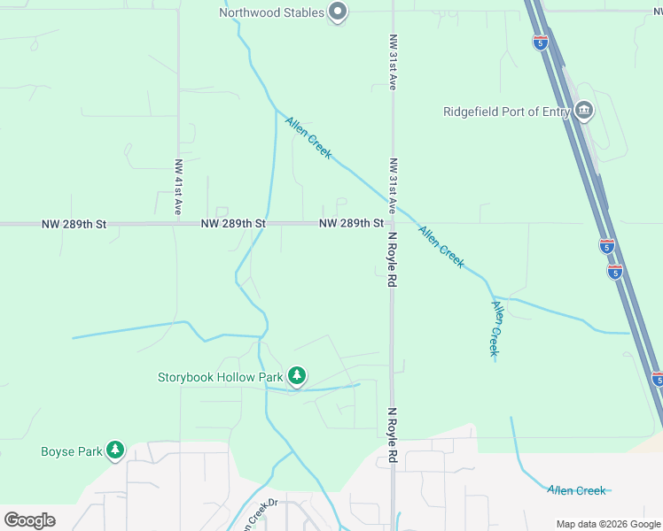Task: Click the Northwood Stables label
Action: (x=271, y=12)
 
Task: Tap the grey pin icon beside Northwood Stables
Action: (x=338, y=12)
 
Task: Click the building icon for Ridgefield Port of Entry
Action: (x=584, y=112)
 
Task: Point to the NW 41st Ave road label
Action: (x=178, y=187)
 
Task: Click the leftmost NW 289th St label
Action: (x=74, y=225)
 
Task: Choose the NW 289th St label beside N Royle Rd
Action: (x=351, y=224)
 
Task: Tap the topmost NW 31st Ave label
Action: (x=392, y=63)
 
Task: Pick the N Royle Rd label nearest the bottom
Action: (x=391, y=435)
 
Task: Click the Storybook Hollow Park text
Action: (x=220, y=377)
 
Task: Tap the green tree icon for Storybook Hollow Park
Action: (x=297, y=377)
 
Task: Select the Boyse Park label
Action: (x=72, y=451)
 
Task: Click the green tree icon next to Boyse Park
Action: (x=114, y=451)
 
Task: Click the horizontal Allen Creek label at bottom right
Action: (x=576, y=490)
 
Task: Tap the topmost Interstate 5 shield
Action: (x=540, y=42)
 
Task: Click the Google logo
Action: (x=29, y=519)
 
